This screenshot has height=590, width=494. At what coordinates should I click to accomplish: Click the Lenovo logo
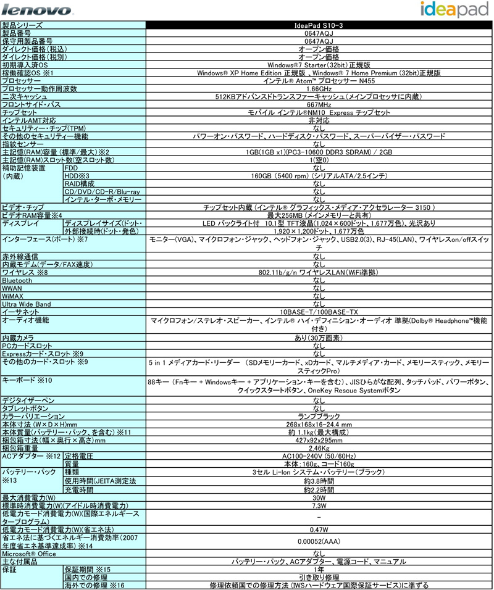[36, 10]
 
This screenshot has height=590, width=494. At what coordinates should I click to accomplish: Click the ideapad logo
[454, 9]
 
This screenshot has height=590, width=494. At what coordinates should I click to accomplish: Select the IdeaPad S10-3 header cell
[319, 25]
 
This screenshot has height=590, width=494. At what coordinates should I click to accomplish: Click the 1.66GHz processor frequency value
[319, 89]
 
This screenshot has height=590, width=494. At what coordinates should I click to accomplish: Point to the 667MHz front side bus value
[319, 104]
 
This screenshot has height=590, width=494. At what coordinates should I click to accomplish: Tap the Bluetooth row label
[17, 280]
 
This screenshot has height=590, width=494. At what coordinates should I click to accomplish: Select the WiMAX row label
[12, 296]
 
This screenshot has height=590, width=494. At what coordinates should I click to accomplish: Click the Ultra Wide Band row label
[27, 304]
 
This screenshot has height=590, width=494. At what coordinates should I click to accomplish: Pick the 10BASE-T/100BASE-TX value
[319, 312]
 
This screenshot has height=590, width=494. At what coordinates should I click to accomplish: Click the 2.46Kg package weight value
[319, 448]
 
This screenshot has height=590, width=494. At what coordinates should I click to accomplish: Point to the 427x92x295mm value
[319, 440]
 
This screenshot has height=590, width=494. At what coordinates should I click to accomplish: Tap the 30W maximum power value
[319, 498]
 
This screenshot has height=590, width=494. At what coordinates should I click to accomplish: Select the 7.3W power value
[319, 505]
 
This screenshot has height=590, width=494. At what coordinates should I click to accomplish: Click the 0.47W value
[319, 530]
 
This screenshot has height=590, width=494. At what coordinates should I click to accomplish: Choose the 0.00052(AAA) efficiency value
[319, 541]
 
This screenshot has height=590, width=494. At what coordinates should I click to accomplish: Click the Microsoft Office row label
[29, 554]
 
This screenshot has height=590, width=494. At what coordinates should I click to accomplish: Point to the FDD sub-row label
[71, 168]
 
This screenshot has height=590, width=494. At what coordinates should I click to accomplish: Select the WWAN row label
[12, 288]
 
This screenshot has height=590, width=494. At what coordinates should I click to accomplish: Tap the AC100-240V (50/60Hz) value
[319, 456]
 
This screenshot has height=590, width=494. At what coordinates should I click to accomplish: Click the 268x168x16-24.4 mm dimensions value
[319, 425]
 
